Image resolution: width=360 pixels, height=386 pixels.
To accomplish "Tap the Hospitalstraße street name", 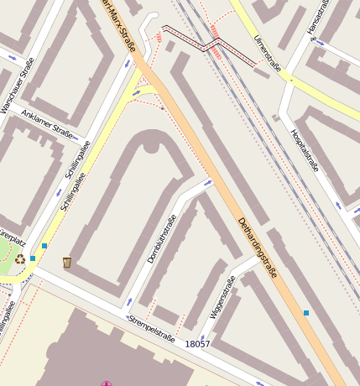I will click(305, 150).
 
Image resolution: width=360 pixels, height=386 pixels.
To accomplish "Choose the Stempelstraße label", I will click(152, 328).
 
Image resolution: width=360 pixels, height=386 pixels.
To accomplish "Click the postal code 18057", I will click(198, 344).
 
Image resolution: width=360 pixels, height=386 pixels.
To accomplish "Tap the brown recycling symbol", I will click(20, 259).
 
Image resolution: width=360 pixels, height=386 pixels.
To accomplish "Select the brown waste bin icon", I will click(67, 263).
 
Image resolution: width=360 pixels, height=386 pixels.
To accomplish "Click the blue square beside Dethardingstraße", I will click(306, 313).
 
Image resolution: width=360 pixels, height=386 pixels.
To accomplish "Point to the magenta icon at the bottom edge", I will click(107, 383).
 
